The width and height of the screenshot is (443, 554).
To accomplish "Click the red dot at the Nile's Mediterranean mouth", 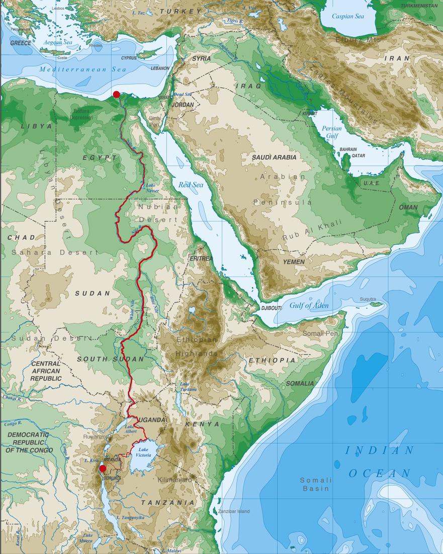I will [x=116, y=94].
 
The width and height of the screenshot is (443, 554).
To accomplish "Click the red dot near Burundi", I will [x=103, y=468].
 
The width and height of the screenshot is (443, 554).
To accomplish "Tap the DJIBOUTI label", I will [x=272, y=308].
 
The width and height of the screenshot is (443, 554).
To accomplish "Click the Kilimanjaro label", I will [x=175, y=480].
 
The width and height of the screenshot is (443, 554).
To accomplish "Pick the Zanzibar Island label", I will [x=233, y=512].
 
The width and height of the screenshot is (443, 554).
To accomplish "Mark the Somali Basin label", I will [x=315, y=484].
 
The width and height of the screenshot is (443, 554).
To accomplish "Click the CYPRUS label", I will [x=129, y=58].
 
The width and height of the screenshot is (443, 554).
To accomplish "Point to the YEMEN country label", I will [x=294, y=262].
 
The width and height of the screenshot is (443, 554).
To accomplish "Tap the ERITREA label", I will [x=201, y=258].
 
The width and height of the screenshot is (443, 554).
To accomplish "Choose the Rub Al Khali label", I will [x=312, y=229].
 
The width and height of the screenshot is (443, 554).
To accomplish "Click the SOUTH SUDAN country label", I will [x=110, y=359].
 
